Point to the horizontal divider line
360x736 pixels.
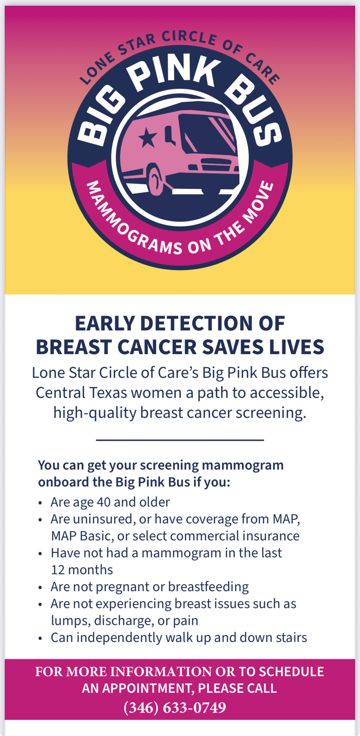click(180, 440)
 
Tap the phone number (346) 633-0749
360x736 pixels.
click(175, 707)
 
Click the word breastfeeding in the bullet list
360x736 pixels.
click(208, 587)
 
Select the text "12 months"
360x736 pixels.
click(82, 570)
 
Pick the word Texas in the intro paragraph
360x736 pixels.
click(108, 393)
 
